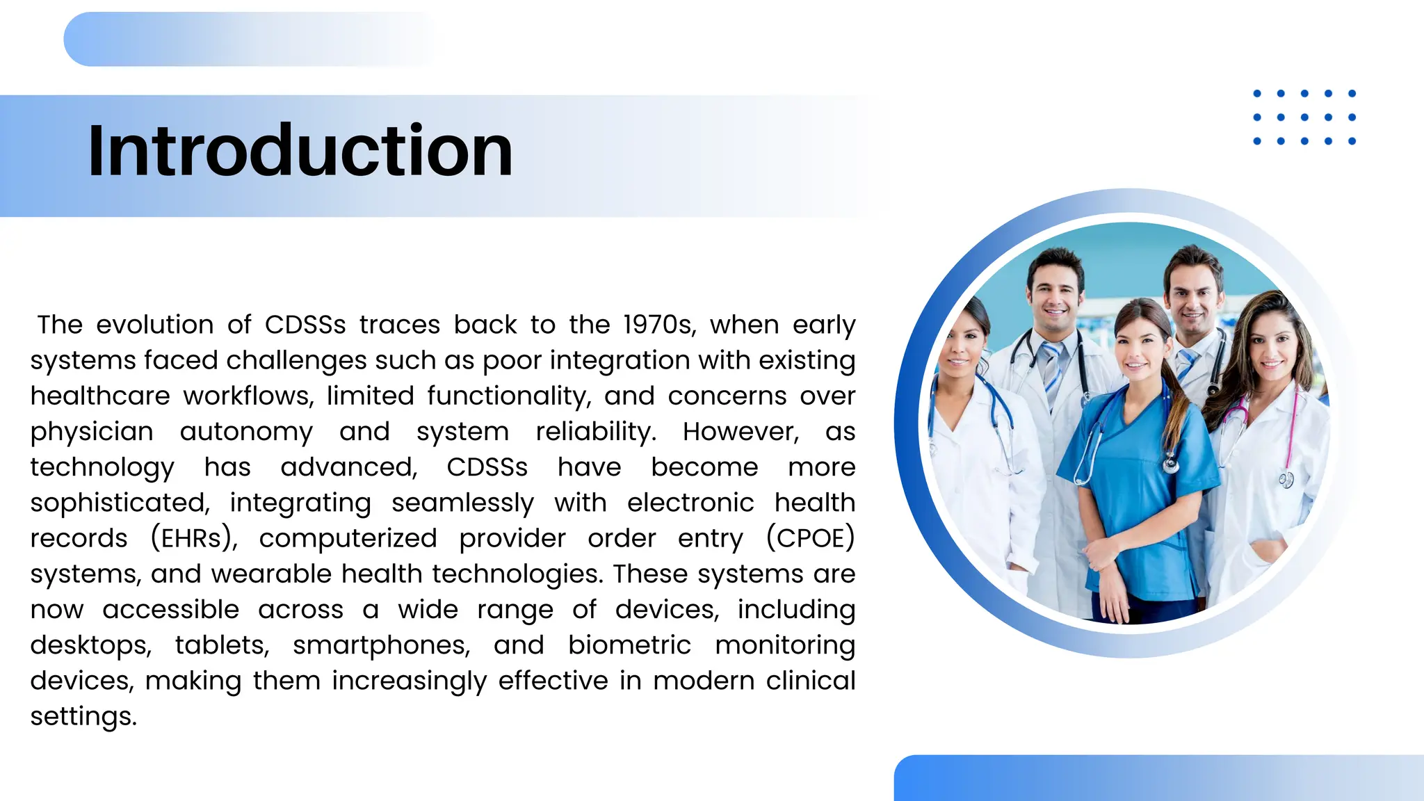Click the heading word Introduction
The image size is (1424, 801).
300,151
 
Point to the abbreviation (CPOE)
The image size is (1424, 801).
810,538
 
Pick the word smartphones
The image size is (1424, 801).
381,645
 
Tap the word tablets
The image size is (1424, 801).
222,645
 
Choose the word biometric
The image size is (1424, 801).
629,645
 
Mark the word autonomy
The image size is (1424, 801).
246,432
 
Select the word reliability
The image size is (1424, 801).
596,432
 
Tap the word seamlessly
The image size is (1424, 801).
462,503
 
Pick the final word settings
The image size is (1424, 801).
83,716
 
